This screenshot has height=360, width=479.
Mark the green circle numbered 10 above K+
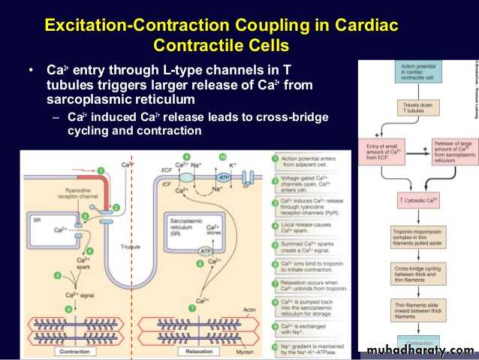[222, 156]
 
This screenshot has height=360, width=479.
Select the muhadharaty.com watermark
[421, 349]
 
